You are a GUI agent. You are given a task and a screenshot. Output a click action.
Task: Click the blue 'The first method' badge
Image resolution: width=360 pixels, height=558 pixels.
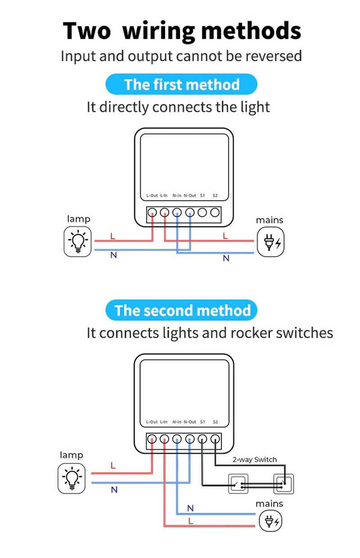[181, 85]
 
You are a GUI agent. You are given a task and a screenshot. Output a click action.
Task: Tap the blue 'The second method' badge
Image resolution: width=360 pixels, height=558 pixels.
[181, 310]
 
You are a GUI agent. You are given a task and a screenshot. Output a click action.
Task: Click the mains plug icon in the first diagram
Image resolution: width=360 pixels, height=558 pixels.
[271, 242]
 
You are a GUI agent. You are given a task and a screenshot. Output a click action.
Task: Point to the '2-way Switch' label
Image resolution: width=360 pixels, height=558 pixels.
[255, 459]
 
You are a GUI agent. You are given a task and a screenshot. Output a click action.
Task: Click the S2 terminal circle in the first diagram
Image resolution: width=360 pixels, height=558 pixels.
[215, 212]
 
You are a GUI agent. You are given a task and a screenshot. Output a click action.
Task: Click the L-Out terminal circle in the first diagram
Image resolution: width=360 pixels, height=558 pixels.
[153, 212]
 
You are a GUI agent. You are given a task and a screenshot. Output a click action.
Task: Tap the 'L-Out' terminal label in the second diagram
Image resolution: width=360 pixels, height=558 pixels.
[152, 422]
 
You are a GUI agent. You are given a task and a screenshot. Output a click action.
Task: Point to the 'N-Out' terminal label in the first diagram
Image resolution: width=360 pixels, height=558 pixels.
[190, 196]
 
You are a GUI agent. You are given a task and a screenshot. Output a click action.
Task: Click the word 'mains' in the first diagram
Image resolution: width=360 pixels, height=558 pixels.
[270, 220]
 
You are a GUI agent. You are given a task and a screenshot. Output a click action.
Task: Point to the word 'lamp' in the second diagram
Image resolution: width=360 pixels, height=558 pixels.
[72, 455]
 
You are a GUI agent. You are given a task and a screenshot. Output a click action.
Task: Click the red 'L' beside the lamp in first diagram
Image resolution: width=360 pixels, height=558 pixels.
[112, 236]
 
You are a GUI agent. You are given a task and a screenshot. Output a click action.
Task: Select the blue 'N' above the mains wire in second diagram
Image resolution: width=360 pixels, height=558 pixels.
[190, 508]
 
